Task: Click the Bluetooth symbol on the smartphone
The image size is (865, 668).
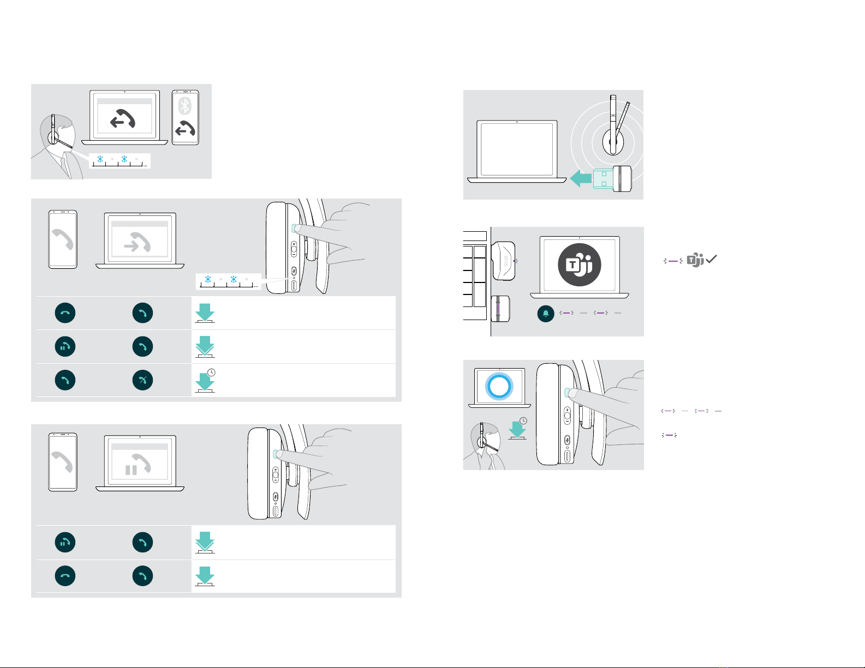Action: (185, 105)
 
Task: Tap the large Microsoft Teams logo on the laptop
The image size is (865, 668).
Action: (579, 264)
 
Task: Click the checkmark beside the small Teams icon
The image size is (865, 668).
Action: (711, 261)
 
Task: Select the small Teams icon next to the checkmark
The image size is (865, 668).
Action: (695, 261)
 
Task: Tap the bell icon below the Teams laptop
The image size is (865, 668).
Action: (546, 314)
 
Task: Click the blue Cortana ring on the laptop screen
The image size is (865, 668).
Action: (499, 386)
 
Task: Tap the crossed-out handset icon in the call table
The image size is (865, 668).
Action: (142, 380)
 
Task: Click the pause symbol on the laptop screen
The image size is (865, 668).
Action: (131, 470)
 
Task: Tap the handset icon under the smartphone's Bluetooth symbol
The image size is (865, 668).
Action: (185, 130)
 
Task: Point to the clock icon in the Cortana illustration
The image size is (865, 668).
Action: (523, 421)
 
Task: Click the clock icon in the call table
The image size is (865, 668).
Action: (211, 372)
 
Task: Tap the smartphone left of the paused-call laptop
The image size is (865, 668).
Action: (63, 461)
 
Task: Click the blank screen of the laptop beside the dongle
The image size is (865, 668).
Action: (517, 148)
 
